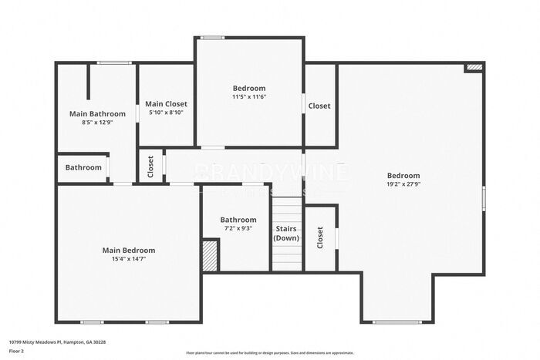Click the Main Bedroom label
129,250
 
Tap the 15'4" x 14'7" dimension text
129,259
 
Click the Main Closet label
166,103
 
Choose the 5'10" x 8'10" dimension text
166,113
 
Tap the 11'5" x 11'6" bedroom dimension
248,97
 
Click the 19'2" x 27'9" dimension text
403,184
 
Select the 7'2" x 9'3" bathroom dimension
238,228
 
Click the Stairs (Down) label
286,234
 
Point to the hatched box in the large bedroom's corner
474,68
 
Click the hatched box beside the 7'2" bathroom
209,255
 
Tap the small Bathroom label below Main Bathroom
83,167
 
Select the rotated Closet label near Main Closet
150,167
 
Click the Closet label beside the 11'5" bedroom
319,106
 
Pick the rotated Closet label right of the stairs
319,238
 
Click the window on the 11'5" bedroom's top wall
212,38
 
